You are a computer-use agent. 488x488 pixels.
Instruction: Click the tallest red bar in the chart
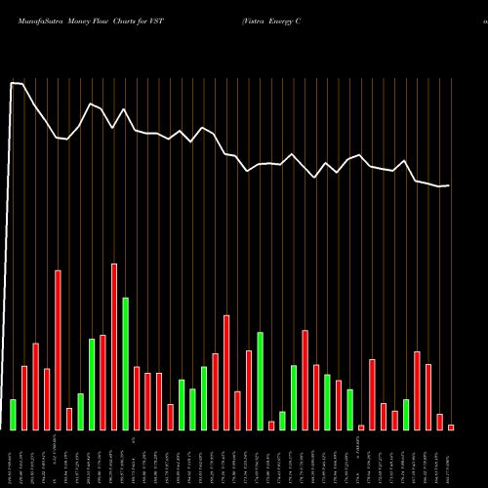tap(114, 346)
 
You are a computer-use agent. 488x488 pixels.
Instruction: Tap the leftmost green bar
tap(13, 414)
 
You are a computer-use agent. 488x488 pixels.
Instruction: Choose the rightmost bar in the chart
tap(451, 427)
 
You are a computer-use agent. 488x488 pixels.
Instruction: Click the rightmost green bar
tap(406, 414)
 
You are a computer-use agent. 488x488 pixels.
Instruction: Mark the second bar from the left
tap(24, 397)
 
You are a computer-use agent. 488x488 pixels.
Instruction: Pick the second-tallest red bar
tap(58, 349)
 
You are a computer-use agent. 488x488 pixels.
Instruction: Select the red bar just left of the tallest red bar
tap(102, 382)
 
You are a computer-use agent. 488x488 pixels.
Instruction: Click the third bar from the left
tap(35, 386)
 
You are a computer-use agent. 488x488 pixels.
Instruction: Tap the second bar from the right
tap(439, 422)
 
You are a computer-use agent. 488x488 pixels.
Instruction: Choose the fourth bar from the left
tap(47, 398)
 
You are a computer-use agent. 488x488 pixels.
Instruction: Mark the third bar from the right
tap(428, 396)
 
